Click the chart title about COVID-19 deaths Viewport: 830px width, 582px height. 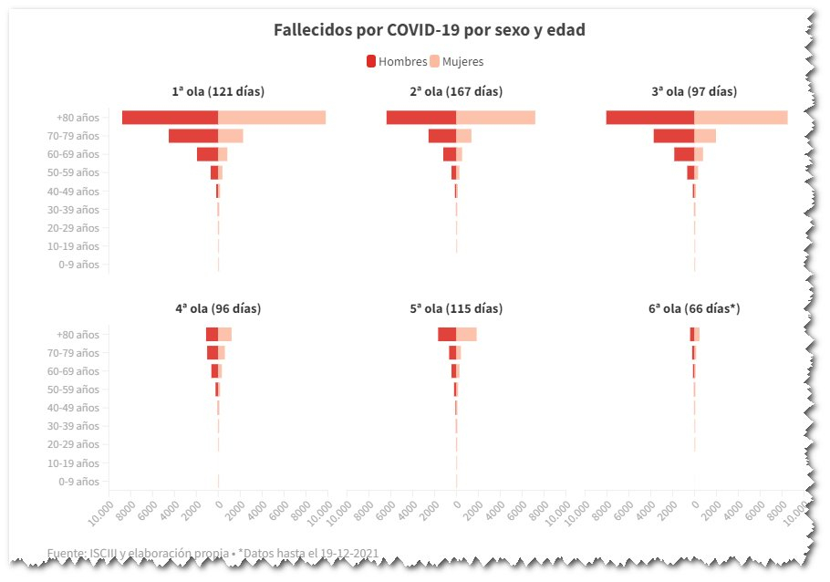pos(429,30)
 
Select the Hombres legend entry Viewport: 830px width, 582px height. pos(397,62)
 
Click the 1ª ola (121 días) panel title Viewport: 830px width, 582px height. pos(218,91)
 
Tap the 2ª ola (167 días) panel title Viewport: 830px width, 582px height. pos(456,91)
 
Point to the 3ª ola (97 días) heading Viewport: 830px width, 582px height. pos(694,91)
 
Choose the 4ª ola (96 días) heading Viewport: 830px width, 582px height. pos(218,308)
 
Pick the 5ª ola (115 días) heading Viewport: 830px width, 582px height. pos(456,308)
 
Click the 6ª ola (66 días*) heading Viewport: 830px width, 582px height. pos(694,308)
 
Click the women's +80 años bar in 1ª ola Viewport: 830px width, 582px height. pos(272,118)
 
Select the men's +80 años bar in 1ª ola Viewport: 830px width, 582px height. pos(171,118)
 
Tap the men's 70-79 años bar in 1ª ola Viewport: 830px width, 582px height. pos(193,136)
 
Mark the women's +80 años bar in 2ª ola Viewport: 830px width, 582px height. pos(495,118)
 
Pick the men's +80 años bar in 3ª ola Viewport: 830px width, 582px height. pos(650,118)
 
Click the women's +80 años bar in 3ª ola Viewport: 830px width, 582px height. pos(741,118)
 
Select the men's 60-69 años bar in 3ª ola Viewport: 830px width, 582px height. pos(684,154)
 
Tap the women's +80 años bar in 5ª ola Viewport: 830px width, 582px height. pos(466,335)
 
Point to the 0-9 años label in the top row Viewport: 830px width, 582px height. pos(78,265)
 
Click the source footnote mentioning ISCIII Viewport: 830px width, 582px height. pos(212,554)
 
